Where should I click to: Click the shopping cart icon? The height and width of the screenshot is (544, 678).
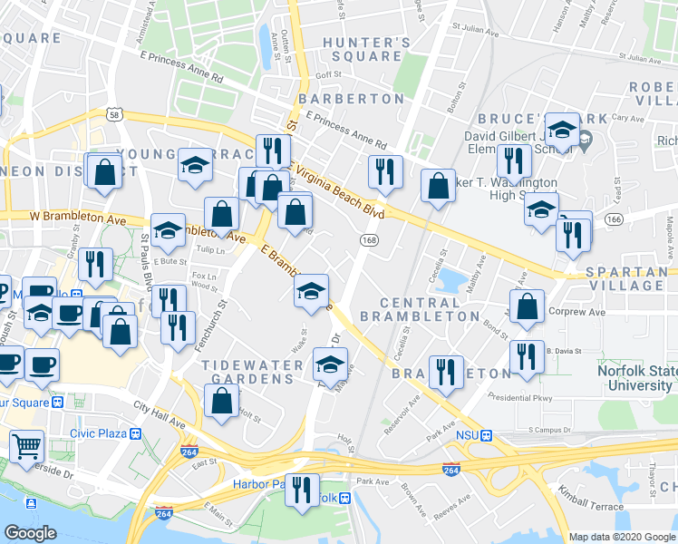[27, 445]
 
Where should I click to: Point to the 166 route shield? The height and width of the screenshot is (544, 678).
[613, 220]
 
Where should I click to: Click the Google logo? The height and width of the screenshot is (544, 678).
[30, 533]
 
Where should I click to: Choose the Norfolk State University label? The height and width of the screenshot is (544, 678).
[634, 378]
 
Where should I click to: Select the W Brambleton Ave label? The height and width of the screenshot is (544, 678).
[76, 218]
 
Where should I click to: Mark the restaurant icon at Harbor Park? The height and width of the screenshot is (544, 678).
[302, 488]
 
